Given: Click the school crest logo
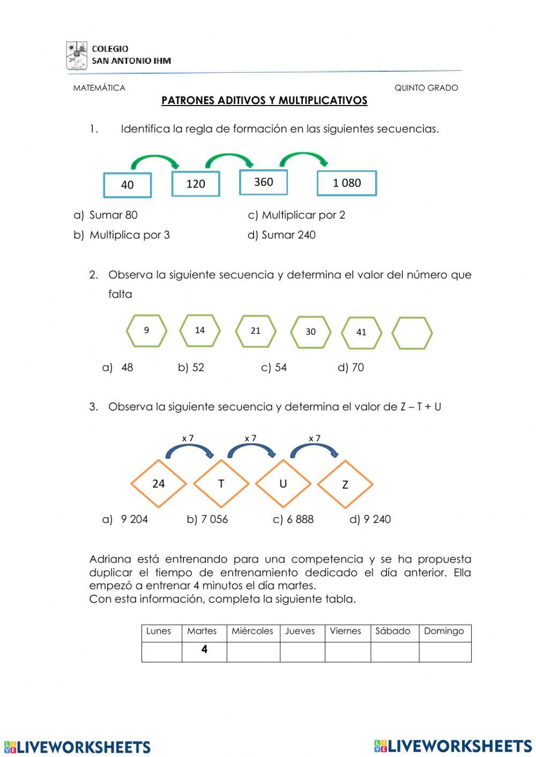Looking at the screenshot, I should (77, 55).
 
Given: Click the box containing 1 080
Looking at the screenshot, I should (347, 183).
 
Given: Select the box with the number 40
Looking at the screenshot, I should (128, 185).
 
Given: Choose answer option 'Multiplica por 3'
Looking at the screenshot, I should (129, 235).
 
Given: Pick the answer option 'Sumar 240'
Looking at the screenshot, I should (288, 235).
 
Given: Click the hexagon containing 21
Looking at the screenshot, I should (256, 331).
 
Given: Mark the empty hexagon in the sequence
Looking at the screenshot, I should (412, 333).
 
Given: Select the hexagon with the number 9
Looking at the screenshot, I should (146, 331).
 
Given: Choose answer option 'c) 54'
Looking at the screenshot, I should (274, 368).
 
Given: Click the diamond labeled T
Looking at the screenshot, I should (221, 484).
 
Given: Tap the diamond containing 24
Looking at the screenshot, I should (159, 484).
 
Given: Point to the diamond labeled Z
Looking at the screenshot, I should (345, 484).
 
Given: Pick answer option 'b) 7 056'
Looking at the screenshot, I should (207, 519).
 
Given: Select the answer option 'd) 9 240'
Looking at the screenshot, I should (370, 519).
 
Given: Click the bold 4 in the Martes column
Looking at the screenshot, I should (204, 649).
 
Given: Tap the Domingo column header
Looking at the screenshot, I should (444, 631).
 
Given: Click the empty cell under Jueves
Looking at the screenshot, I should (302, 652).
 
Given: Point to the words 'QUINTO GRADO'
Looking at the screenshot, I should (426, 88).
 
